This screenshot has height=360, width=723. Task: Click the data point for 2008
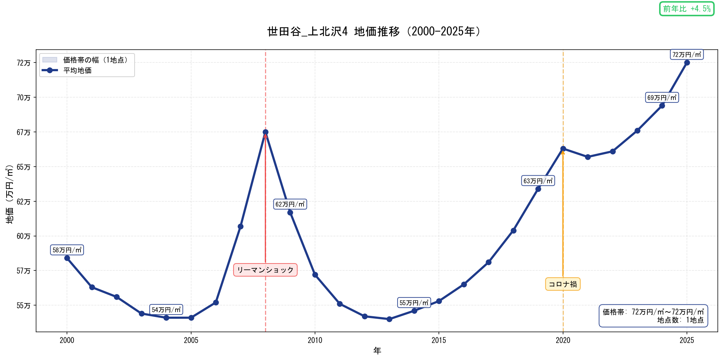(x=265, y=132)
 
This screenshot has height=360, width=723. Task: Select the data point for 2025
(x=687, y=62)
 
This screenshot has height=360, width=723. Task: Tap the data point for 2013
(x=389, y=319)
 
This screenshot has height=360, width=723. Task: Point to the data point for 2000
(x=67, y=258)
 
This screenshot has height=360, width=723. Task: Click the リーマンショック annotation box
(x=265, y=270)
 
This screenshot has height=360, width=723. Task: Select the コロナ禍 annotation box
(x=563, y=284)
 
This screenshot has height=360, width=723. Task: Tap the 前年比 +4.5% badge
(x=687, y=9)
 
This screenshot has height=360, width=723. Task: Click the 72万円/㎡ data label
(x=687, y=55)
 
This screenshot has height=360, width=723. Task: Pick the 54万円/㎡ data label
(x=166, y=310)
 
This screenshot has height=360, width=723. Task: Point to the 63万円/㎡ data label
(x=538, y=181)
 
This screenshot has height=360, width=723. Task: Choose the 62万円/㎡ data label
(x=290, y=204)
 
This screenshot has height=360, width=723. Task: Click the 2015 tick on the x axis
(x=439, y=340)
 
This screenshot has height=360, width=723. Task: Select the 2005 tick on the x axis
(x=191, y=340)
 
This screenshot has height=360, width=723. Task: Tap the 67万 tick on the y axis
(x=24, y=132)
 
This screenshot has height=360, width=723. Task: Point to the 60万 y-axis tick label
(x=24, y=236)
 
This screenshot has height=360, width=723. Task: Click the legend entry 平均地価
(x=77, y=70)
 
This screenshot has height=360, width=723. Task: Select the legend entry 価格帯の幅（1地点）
(x=95, y=60)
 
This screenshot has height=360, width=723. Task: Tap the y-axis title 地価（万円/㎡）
(x=10, y=194)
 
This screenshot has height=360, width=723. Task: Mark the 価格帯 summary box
(x=653, y=316)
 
